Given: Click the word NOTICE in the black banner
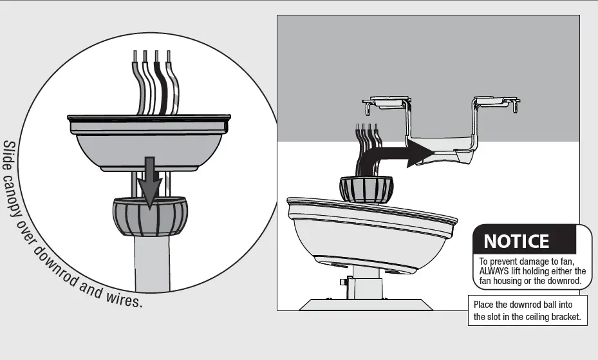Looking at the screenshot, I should click(x=516, y=242).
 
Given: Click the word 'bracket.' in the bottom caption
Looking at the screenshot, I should click(x=563, y=317).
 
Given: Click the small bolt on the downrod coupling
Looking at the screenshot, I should click(x=343, y=282).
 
